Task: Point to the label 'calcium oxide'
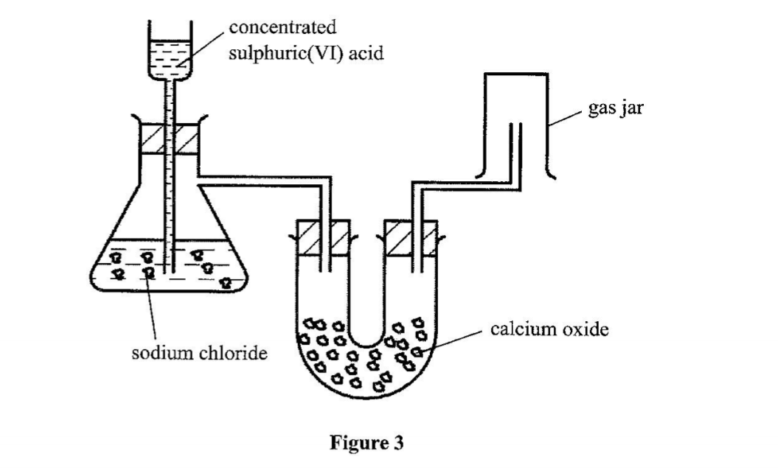(x=550, y=329)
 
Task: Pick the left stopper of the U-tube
(x=323, y=237)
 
